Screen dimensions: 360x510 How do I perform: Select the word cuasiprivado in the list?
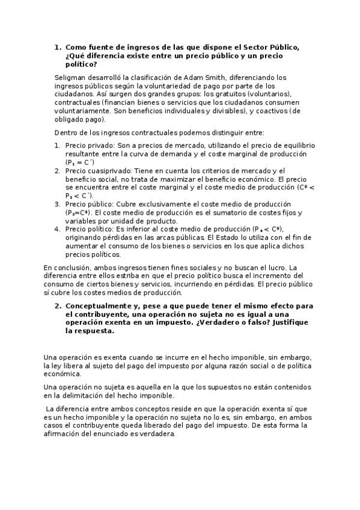pos(108,171)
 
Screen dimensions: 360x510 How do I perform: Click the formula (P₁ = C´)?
pos(79,162)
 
